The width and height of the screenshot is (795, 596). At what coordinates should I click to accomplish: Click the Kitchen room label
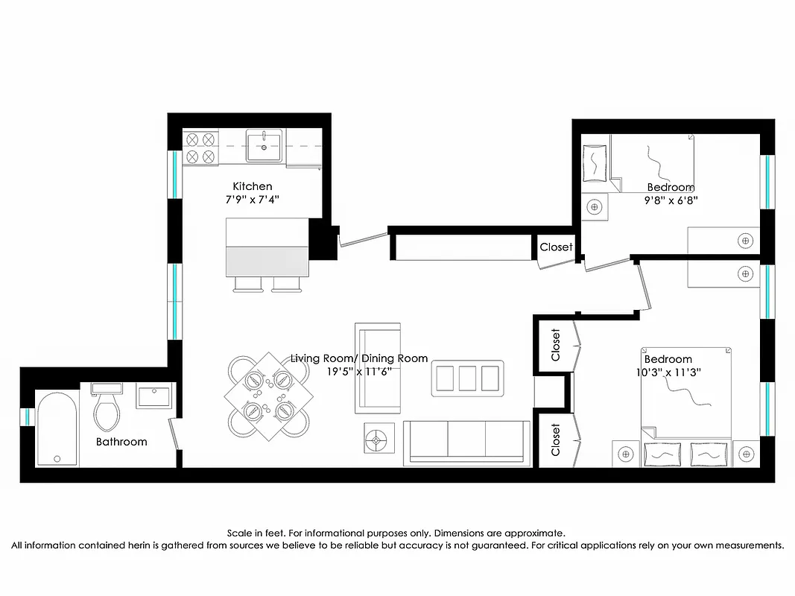point(253,186)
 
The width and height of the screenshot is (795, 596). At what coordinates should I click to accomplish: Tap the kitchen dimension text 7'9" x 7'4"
point(253,200)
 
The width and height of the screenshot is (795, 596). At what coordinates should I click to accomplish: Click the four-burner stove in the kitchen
point(201,148)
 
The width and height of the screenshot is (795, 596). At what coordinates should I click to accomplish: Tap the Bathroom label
point(121,442)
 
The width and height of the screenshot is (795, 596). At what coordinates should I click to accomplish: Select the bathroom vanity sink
point(155,396)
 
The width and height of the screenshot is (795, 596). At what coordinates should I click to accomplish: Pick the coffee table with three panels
point(468,378)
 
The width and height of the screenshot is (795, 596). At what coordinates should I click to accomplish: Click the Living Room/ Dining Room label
point(359,358)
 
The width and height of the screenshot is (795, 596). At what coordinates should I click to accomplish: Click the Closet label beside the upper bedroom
point(556,247)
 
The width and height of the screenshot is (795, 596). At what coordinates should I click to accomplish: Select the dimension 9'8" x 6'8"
point(671,200)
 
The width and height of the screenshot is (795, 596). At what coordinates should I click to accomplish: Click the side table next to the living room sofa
point(378,439)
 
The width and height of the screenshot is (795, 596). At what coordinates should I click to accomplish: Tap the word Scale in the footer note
point(240,533)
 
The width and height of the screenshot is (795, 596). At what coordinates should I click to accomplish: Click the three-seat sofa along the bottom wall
point(466,441)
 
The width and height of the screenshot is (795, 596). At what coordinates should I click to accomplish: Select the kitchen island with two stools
point(267,247)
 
